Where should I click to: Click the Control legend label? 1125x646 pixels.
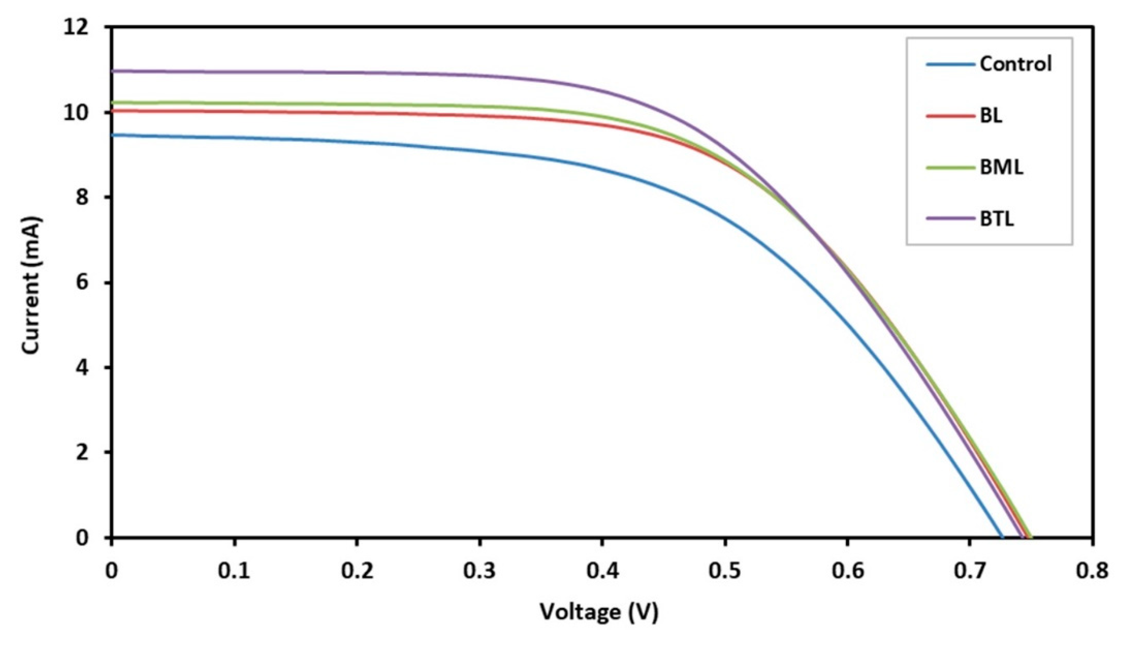tap(1016, 64)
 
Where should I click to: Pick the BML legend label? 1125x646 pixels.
tap(1001, 168)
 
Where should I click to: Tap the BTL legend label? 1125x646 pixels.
tap(997, 219)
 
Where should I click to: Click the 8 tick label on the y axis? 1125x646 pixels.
tap(82, 197)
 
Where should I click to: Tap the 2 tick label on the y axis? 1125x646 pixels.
tap(82, 452)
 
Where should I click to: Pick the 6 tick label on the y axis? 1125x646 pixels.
tap(82, 283)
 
